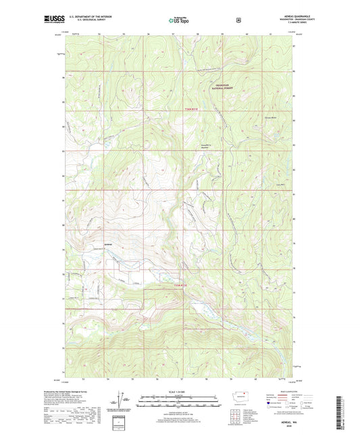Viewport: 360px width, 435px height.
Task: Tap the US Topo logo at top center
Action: coord(178,20)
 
